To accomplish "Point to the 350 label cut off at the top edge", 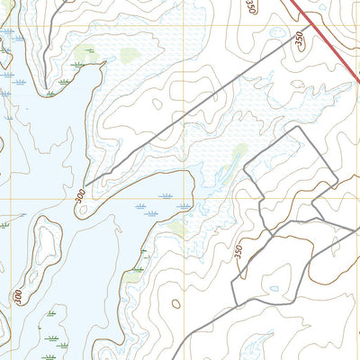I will [250, 7].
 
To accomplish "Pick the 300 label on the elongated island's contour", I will [18, 294].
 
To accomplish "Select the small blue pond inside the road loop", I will [274, 289].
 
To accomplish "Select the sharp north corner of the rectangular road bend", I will [296, 128].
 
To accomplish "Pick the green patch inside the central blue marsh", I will [239, 153].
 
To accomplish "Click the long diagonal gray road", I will [198, 108].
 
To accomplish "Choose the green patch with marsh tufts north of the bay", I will [85, 54].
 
